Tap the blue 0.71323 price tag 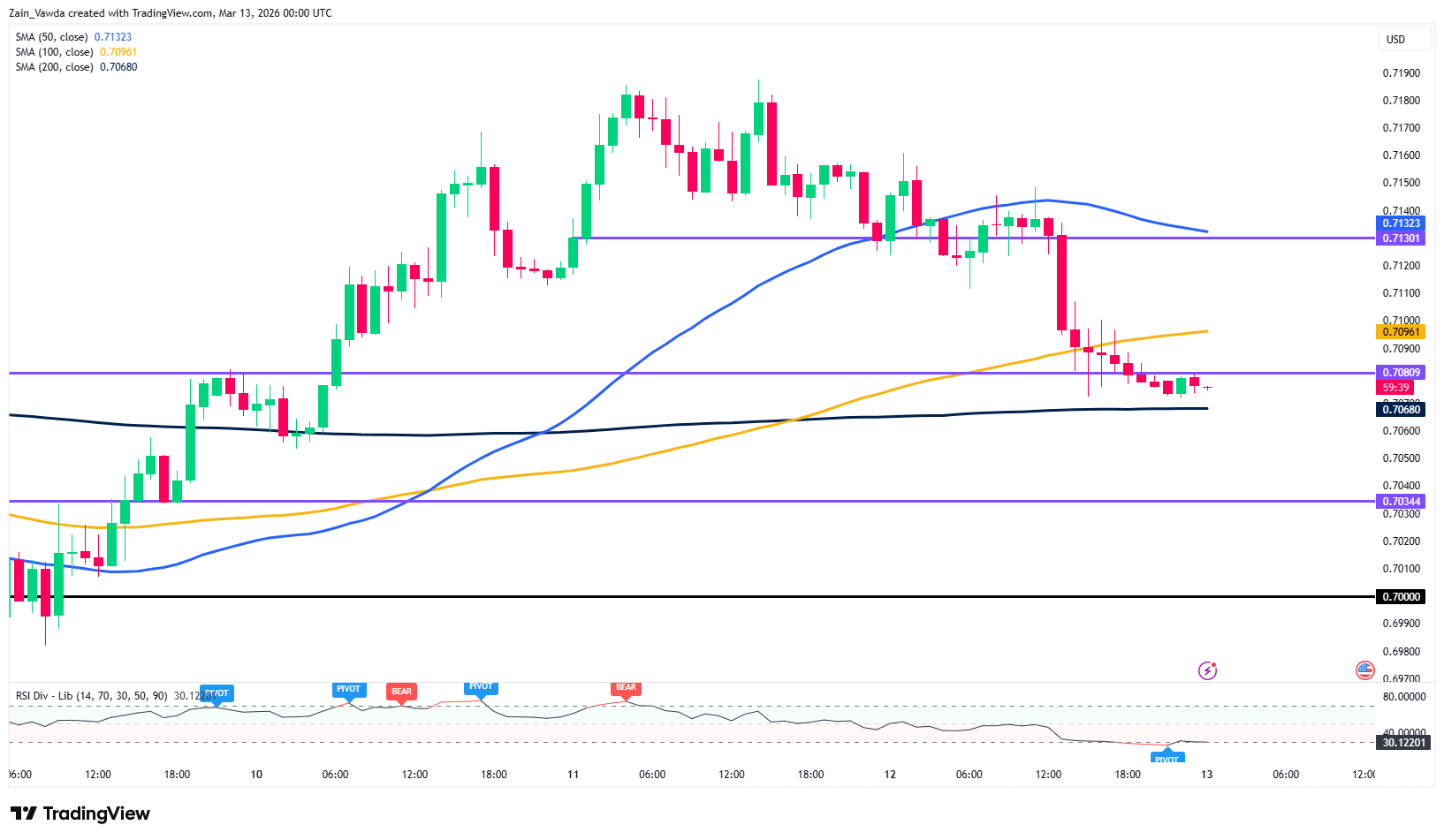click(x=1401, y=223)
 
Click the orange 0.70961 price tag click(x=1401, y=332)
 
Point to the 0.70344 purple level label click(x=1401, y=502)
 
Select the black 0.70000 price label click(x=1401, y=597)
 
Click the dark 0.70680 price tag click(x=1401, y=409)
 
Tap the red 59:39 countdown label click(x=1395, y=388)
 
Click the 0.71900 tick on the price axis click(x=1402, y=73)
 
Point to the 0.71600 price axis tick click(x=1402, y=155)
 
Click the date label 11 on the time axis click(x=573, y=775)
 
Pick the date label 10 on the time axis click(x=256, y=775)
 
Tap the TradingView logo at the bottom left click(x=80, y=814)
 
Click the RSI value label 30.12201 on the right click(x=1403, y=743)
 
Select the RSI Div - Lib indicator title click(x=91, y=696)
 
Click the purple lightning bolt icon click(x=1207, y=671)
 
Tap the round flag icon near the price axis click(x=1364, y=671)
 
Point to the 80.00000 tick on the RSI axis click(x=1404, y=697)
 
